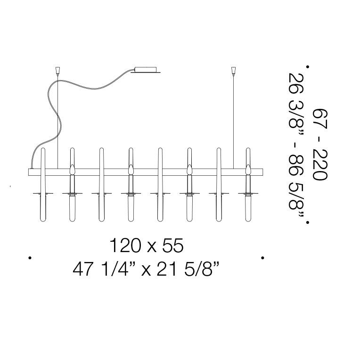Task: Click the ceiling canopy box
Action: tap(146, 70)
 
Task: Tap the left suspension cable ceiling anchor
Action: tap(57, 70)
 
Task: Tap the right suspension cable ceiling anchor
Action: tap(234, 70)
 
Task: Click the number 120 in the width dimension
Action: tap(125, 245)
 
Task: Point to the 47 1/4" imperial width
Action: tap(104, 270)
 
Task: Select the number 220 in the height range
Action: tap(320, 164)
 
